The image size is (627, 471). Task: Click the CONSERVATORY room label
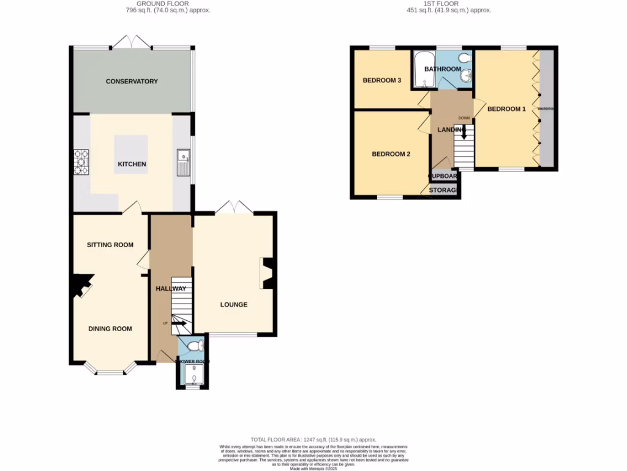(x=132, y=82)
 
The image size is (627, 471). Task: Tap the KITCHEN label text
(x=132, y=164)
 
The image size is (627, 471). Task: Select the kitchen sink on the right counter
(x=183, y=162)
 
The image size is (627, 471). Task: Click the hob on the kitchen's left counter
(x=81, y=163)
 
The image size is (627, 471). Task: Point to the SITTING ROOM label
(x=110, y=245)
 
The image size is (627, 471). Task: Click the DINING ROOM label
(x=110, y=329)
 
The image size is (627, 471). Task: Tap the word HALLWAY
(x=171, y=288)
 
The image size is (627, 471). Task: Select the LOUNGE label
(x=234, y=304)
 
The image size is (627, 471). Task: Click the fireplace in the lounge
(x=268, y=273)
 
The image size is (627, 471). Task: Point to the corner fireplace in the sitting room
(x=79, y=286)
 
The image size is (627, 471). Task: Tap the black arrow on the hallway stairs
(x=180, y=323)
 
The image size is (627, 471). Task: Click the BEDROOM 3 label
(x=382, y=80)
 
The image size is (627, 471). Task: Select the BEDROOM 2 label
(x=391, y=154)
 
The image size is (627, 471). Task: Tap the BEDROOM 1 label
(x=506, y=109)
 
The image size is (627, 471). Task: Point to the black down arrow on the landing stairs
(x=464, y=131)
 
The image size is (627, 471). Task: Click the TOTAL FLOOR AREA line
(x=313, y=440)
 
